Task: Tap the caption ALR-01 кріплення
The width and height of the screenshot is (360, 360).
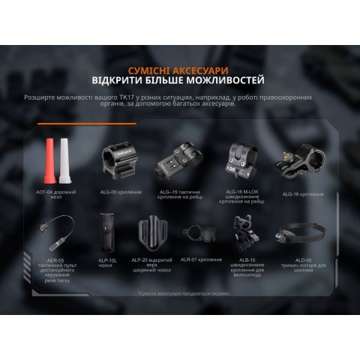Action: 200,259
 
